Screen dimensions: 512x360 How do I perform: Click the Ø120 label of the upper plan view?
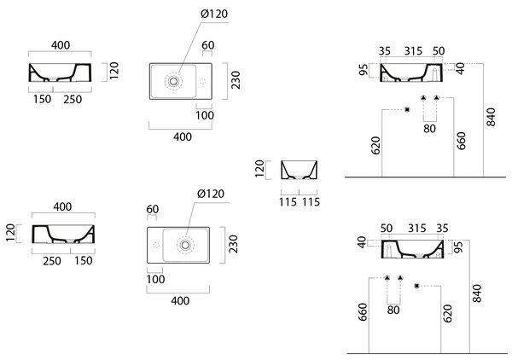pos(214,14)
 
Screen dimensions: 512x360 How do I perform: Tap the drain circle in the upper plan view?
pos(174,81)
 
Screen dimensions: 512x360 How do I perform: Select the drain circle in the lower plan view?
pos(185,245)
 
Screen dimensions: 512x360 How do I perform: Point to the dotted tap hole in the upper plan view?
pos(203,81)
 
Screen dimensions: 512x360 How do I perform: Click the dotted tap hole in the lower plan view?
pos(156,245)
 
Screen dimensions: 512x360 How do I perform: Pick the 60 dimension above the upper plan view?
pos(208,45)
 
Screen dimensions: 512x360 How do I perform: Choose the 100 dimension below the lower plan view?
pos(155,279)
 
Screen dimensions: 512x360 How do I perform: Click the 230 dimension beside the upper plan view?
pos(236,80)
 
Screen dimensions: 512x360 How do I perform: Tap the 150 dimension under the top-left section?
pos(42,99)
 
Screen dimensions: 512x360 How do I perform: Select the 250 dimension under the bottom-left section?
pos(51,261)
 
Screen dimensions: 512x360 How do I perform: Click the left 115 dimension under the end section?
pos(288,202)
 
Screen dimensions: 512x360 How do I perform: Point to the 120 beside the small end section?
pos(259,168)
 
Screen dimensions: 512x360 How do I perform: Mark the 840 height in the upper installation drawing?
pos(491,117)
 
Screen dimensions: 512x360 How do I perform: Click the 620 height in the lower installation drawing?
pos(448,314)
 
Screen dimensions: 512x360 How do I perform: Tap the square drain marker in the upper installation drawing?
pos(407,110)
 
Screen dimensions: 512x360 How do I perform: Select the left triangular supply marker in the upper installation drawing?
pos(423,97)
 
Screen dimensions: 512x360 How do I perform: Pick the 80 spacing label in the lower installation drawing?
pos(393,310)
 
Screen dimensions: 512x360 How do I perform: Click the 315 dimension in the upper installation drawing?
pos(413,51)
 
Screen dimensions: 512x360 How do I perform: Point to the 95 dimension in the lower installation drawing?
pos(458,247)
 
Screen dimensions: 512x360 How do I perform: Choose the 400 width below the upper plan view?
pos(183,137)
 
